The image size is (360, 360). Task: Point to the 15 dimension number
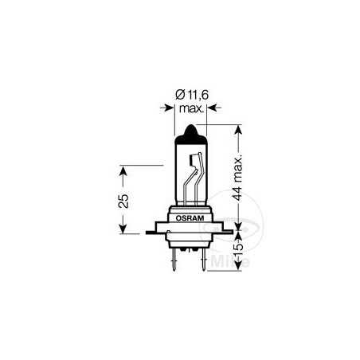[240, 252]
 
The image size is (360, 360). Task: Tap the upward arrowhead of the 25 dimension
[122, 169]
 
